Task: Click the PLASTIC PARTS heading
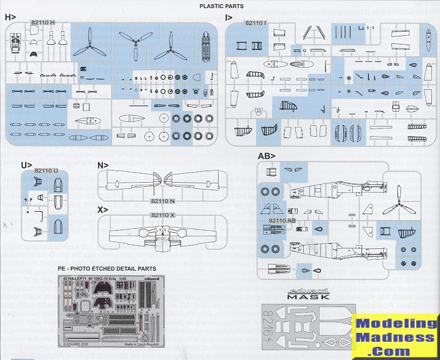(220, 6)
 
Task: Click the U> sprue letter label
(27, 165)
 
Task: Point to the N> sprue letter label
(103, 165)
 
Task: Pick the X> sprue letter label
(103, 210)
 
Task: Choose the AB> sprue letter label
(266, 156)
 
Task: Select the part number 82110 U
(46, 171)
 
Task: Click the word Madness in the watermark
(397, 338)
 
